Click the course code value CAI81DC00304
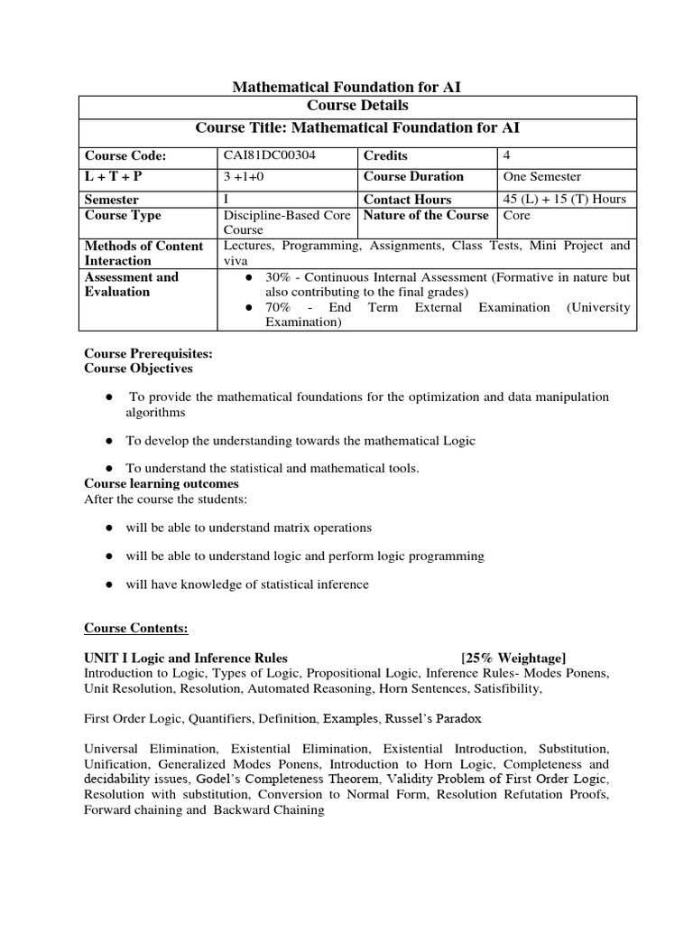click(x=270, y=155)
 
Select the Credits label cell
click(x=385, y=155)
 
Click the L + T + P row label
click(x=114, y=177)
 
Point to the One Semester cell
click(x=541, y=177)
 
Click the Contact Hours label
click(x=407, y=199)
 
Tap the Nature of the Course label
click(x=426, y=215)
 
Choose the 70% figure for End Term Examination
click(x=279, y=307)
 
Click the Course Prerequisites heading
click(x=148, y=353)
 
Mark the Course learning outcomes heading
click(x=162, y=483)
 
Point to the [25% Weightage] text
click(x=513, y=657)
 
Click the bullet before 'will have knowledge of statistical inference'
click(x=108, y=584)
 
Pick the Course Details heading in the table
click(x=358, y=107)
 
